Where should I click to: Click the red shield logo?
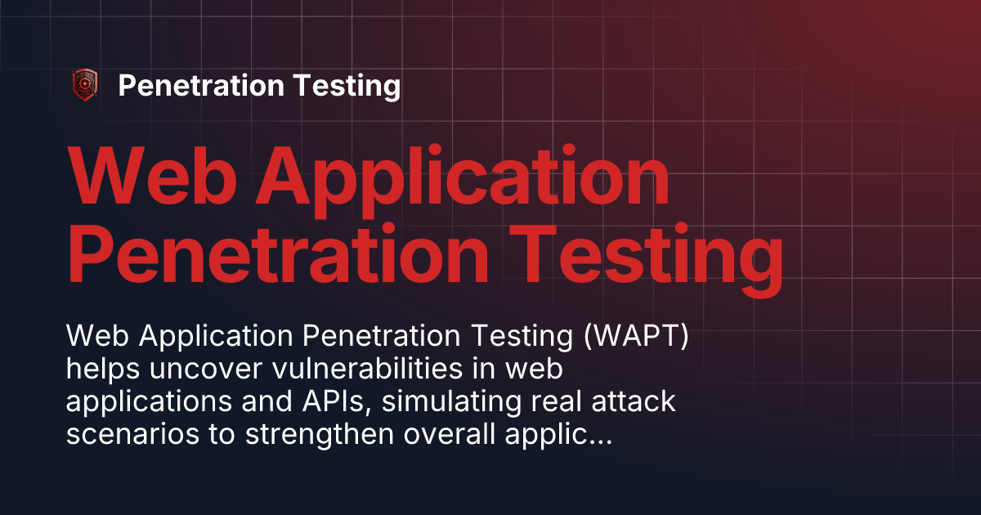(x=85, y=85)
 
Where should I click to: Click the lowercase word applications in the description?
(x=159, y=405)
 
